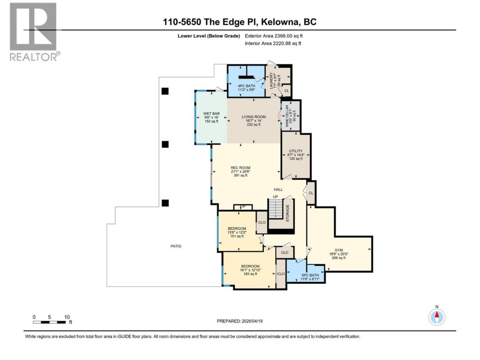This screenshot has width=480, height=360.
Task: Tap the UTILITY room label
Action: pos(296,151)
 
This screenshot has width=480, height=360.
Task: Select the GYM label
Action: pos(339,250)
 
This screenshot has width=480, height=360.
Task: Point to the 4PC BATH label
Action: pos(246,86)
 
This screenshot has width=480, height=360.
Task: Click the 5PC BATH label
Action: pos(310,275)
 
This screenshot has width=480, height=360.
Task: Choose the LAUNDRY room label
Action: pos(271,81)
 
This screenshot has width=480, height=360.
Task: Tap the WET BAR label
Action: pos(211,113)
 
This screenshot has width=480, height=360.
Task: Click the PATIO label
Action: pos(176,246)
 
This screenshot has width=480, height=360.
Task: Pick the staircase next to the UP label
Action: pos(276,208)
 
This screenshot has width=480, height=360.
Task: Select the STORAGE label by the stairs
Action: pos(287,213)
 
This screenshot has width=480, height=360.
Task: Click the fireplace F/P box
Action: pos(243,207)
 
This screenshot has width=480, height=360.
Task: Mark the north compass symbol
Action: pos(437,317)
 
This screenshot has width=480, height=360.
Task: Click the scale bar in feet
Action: pos(49,322)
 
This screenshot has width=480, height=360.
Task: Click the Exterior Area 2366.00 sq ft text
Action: pos(274,36)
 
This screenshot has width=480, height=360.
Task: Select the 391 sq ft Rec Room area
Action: pos(240,175)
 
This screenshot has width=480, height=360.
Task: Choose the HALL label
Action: pos(278,189)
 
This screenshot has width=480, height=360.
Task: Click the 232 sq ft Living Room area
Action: pos(253,125)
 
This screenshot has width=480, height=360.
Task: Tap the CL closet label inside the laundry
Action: pos(287,90)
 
